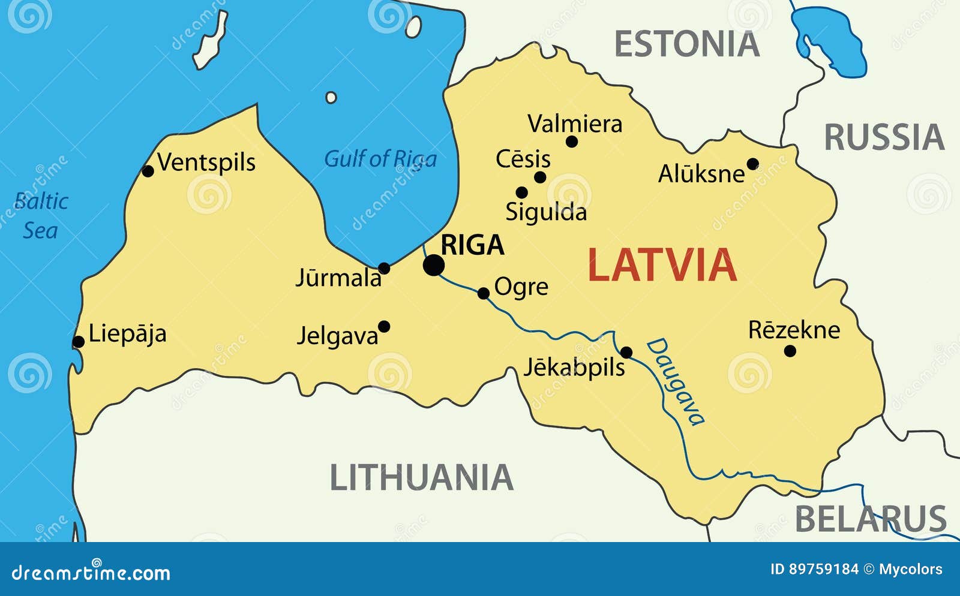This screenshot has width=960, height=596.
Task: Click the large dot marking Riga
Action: (434, 265)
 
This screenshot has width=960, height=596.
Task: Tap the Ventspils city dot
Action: (148, 171)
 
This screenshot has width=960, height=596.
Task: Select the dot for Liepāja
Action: (78, 342)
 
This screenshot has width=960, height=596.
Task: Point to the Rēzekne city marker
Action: (790, 351)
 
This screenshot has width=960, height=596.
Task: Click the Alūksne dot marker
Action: (752, 164)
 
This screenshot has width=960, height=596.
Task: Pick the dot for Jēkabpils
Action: (626, 353)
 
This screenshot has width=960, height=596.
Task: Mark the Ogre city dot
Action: (484, 293)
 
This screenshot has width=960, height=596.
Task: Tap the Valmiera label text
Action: (575, 124)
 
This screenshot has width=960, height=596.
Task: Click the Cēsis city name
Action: (523, 159)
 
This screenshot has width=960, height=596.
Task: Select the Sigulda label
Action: (546, 212)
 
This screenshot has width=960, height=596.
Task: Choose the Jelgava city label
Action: (338, 336)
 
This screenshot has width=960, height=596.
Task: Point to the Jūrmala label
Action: (338, 278)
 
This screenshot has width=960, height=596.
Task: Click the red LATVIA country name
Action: (662, 265)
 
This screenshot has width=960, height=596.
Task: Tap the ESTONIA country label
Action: (687, 44)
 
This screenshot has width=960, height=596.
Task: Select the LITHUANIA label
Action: (422, 478)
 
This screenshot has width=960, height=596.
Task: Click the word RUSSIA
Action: (884, 137)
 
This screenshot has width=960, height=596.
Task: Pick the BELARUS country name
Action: (871, 519)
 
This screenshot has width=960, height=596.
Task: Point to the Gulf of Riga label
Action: (380, 159)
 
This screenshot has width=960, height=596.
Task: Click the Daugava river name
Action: (675, 382)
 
